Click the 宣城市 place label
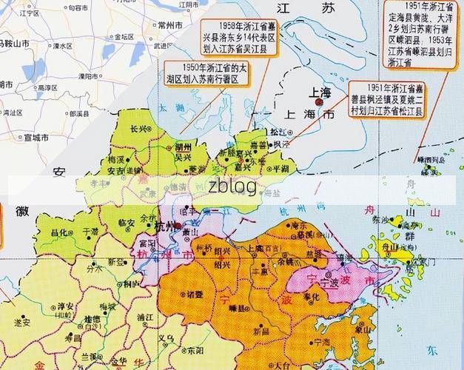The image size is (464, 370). (x=35, y=138)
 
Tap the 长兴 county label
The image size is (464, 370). (x=138, y=128)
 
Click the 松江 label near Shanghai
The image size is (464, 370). (x=278, y=131)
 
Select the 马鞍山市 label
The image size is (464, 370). (x=15, y=44)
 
